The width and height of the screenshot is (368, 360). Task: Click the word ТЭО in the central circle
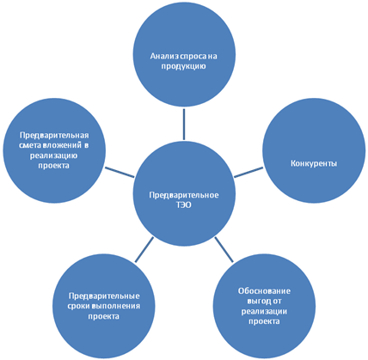[x=183, y=205]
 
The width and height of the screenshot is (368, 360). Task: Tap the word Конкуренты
[x=314, y=163]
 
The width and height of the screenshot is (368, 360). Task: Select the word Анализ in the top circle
[x=163, y=56]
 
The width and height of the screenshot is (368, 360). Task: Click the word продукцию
[x=183, y=66]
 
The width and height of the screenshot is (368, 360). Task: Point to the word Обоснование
[x=264, y=291]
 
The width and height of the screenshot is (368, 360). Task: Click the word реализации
[x=264, y=311]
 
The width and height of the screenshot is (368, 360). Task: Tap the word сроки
[x=78, y=306]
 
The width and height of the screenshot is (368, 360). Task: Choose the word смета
[x=30, y=145]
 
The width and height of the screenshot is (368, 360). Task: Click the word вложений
[x=62, y=145]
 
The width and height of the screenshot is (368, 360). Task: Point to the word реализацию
[x=53, y=156]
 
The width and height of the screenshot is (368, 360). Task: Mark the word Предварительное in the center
[x=184, y=195]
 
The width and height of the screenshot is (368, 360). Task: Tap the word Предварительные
[x=104, y=296]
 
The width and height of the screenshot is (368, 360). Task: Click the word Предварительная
[x=54, y=135]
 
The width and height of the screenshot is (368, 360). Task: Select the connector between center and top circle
[x=184, y=124]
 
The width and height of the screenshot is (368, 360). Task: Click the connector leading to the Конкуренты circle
[x=248, y=173]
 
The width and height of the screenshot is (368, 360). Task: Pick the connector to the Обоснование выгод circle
[x=224, y=249]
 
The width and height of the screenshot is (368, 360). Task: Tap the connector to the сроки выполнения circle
[x=144, y=250]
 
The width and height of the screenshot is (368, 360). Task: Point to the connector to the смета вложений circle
[x=120, y=173]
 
